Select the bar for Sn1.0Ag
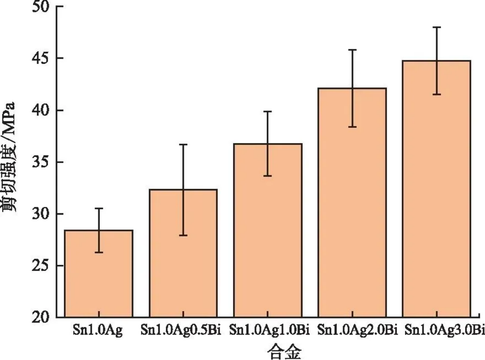point(99,274)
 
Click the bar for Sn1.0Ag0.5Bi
point(183,253)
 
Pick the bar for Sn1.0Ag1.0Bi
point(268,230)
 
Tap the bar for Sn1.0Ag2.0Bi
point(352,202)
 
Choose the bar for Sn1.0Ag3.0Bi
point(436,189)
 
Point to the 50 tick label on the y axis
point(41,7)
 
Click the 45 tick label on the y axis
point(41,59)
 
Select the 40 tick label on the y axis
point(41,110)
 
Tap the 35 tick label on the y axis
point(41,162)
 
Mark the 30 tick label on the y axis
point(41,214)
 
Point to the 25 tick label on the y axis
point(41,266)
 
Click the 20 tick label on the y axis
point(41,317)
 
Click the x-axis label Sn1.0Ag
point(98,330)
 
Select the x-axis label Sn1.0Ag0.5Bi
point(181,330)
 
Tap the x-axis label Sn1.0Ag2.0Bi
point(357,330)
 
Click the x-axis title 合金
point(284,351)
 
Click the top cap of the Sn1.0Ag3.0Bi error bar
point(436,27)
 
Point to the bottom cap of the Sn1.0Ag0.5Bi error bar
point(183,235)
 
